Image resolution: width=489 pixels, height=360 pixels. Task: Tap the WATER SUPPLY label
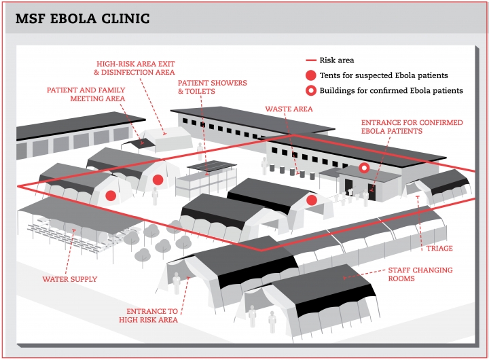pyautogui.click(x=69, y=278)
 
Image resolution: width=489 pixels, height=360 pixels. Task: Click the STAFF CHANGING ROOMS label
pyautogui.click(x=420, y=274)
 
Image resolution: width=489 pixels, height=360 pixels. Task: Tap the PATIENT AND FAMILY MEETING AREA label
pyautogui.click(x=86, y=94)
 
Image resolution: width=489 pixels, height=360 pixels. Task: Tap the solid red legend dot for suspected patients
pyautogui.click(x=311, y=75)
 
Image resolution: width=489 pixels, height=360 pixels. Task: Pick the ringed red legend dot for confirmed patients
pyautogui.click(x=311, y=90)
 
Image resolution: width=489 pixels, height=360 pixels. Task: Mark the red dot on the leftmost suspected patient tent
pyautogui.click(x=111, y=196)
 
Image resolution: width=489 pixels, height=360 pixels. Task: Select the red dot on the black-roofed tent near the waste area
pyautogui.click(x=312, y=200)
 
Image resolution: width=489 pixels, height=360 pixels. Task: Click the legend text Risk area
pyautogui.click(x=338, y=60)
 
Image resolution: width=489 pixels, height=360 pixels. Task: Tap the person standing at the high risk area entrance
pyautogui.click(x=177, y=283)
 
